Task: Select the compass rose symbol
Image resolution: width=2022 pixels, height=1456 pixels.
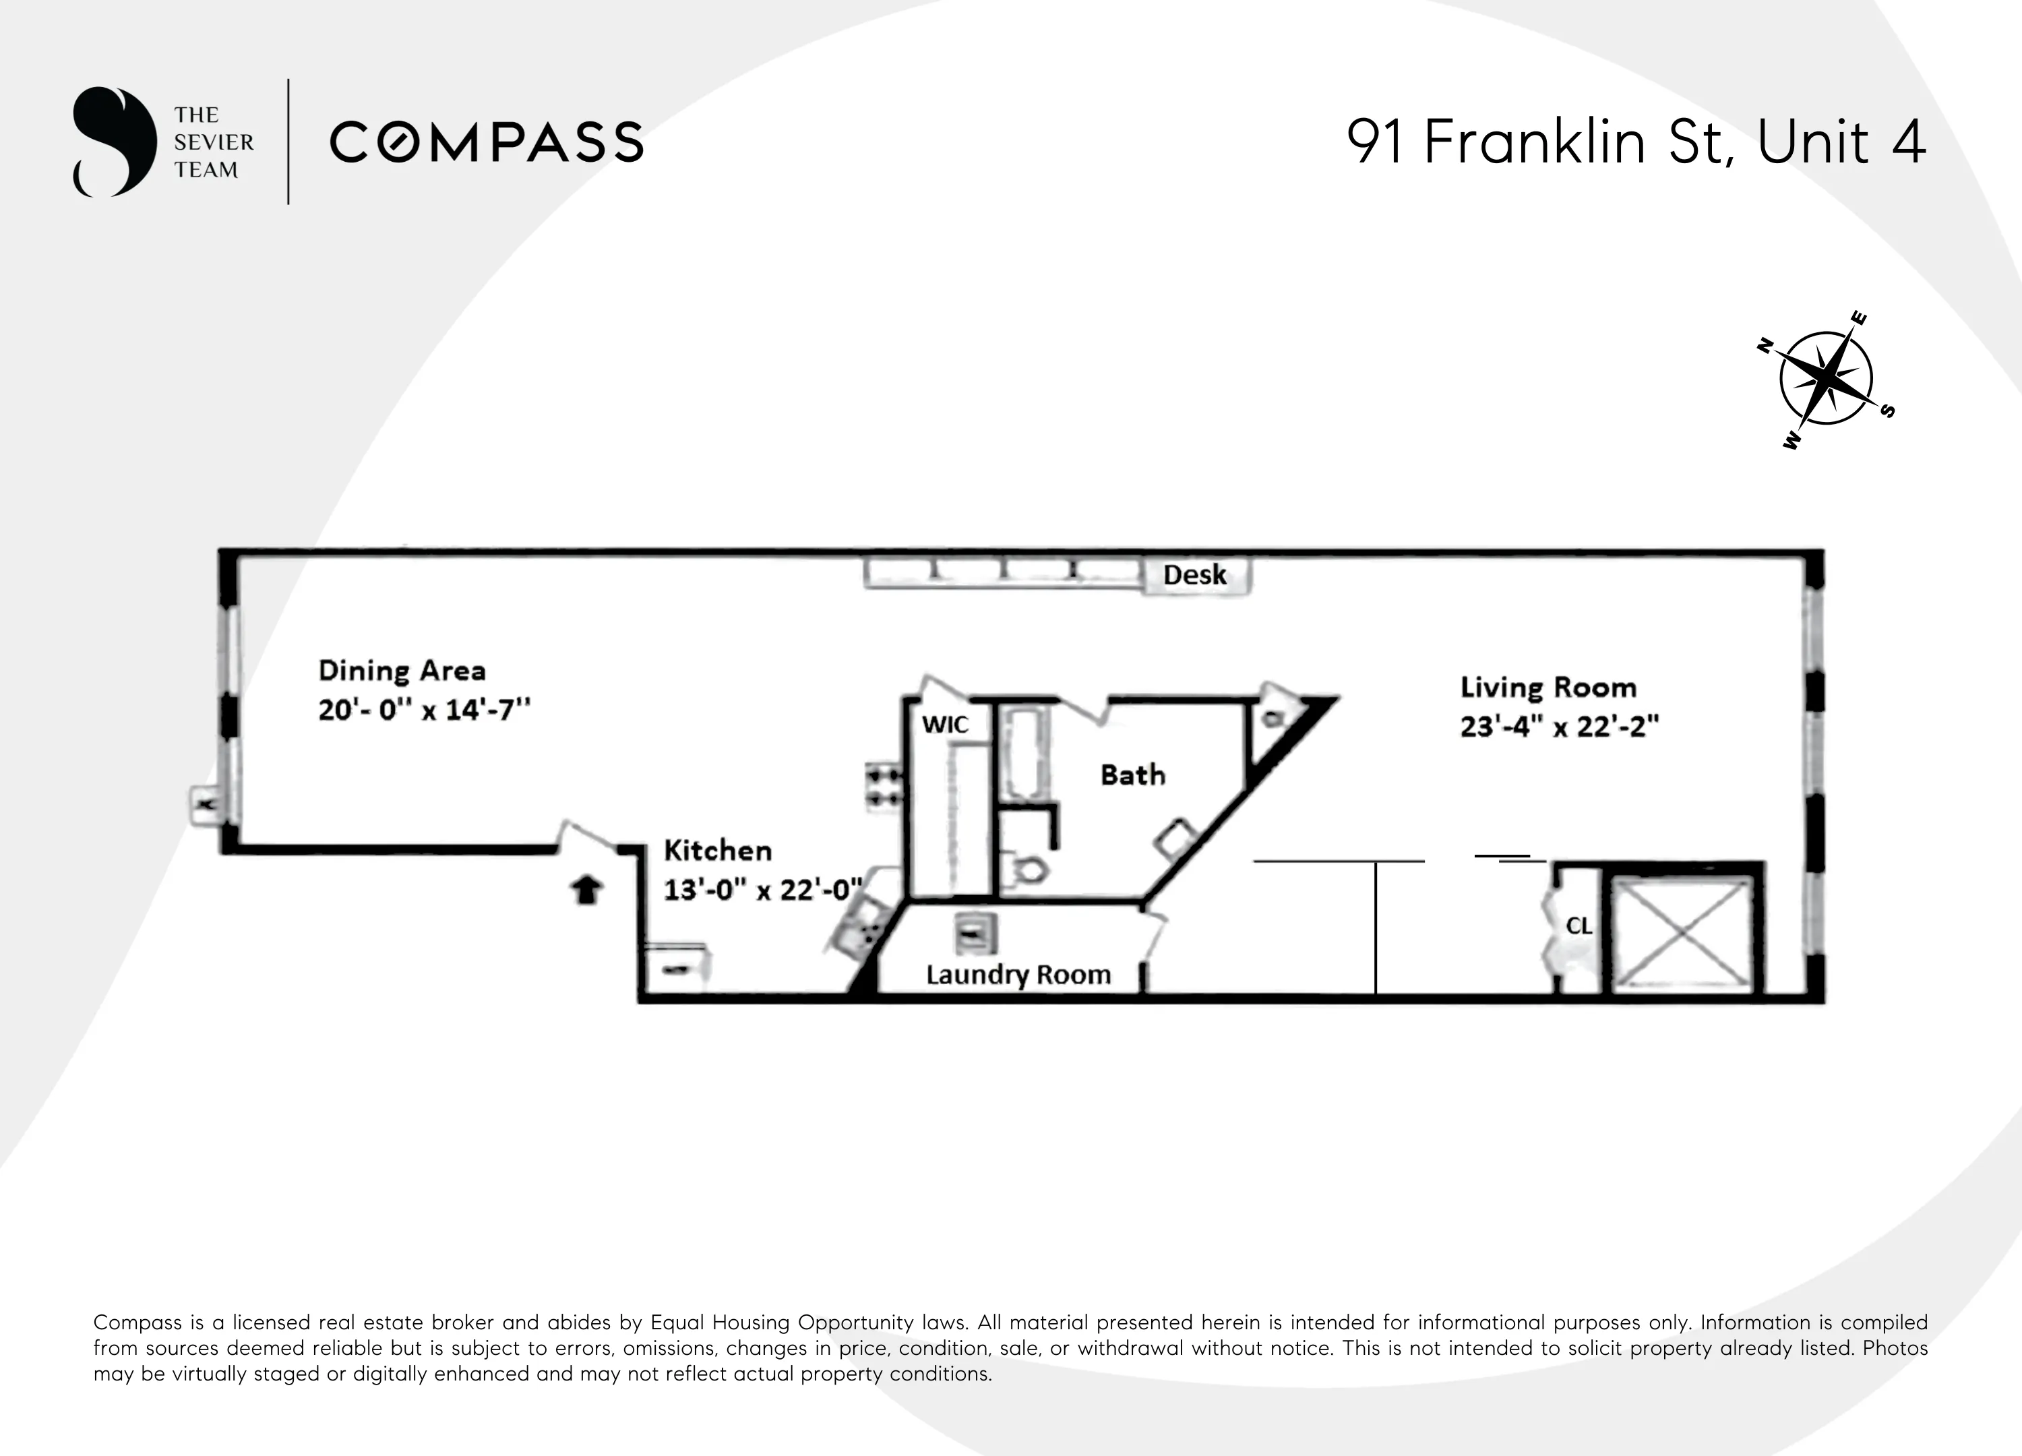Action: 1825,379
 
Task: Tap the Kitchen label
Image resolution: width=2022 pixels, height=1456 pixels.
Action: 718,851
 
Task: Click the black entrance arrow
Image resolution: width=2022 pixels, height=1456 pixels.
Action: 586,889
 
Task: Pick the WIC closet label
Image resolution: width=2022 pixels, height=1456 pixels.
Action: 945,724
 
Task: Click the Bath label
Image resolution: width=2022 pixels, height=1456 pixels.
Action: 1132,775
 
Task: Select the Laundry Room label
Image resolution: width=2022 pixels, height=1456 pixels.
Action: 1018,975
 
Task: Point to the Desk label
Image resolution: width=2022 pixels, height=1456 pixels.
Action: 1194,575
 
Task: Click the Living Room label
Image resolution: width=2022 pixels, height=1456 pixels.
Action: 1548,688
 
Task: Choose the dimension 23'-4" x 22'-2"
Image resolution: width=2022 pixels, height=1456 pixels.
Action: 1558,727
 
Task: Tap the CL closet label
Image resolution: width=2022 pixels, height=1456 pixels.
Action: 1579,926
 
